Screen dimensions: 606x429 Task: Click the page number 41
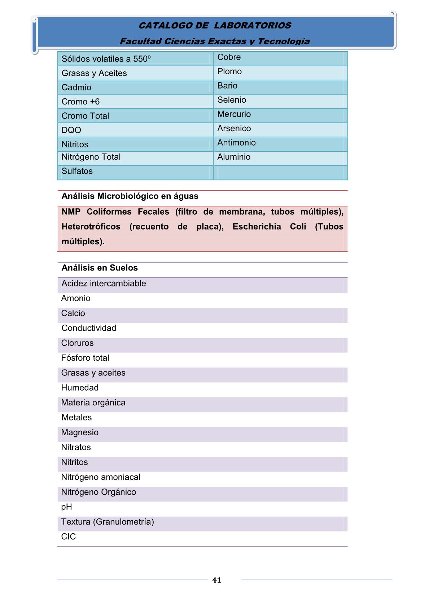click(216, 580)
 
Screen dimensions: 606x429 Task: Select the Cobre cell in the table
click(229, 57)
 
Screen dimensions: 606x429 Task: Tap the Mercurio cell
click(234, 114)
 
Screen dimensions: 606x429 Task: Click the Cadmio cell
click(76, 88)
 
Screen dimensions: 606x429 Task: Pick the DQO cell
click(71, 130)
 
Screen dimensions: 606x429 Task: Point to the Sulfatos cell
click(77, 171)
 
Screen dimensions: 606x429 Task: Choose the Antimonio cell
click(236, 143)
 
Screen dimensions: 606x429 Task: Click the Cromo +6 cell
click(80, 102)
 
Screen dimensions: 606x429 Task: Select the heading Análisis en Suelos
click(100, 268)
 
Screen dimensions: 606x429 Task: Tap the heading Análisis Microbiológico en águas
click(130, 196)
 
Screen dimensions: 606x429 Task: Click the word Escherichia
click(257, 227)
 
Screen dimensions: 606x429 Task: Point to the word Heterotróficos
click(91, 227)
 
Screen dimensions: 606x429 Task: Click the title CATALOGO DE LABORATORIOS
click(215, 26)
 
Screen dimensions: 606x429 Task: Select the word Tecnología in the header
click(284, 41)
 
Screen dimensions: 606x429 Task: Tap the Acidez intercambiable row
click(104, 284)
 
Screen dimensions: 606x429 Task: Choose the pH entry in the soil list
click(67, 507)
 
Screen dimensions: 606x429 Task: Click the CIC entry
click(69, 537)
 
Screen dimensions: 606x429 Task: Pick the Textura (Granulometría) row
click(108, 522)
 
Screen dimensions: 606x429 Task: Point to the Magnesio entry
click(80, 432)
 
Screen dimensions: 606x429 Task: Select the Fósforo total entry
click(85, 358)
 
